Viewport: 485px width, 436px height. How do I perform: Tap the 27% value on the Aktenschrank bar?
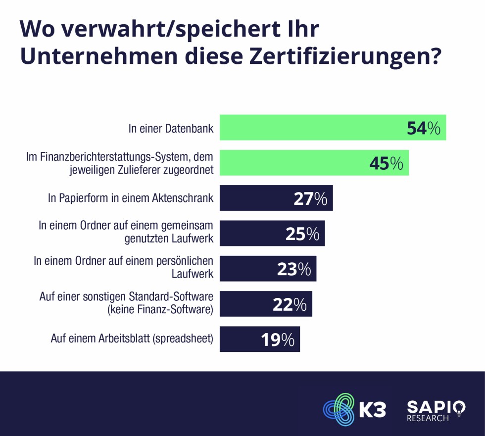[310, 198]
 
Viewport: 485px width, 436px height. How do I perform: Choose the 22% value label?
[290, 304]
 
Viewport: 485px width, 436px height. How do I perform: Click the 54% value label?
[423, 128]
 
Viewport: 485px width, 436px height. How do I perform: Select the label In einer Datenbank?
[171, 129]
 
